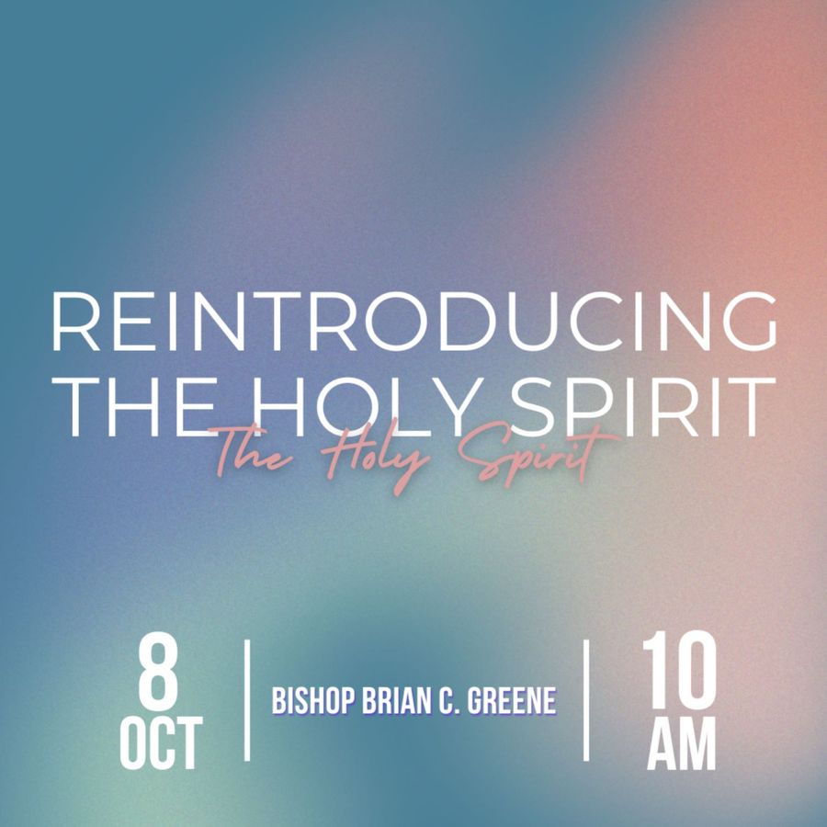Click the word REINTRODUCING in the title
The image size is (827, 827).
click(414, 322)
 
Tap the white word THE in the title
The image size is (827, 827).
click(134, 407)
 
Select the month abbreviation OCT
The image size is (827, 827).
click(161, 743)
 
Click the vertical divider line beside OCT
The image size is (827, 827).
click(247, 700)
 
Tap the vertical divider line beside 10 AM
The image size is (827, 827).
click(586, 700)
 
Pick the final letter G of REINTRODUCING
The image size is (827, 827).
click(748, 322)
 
